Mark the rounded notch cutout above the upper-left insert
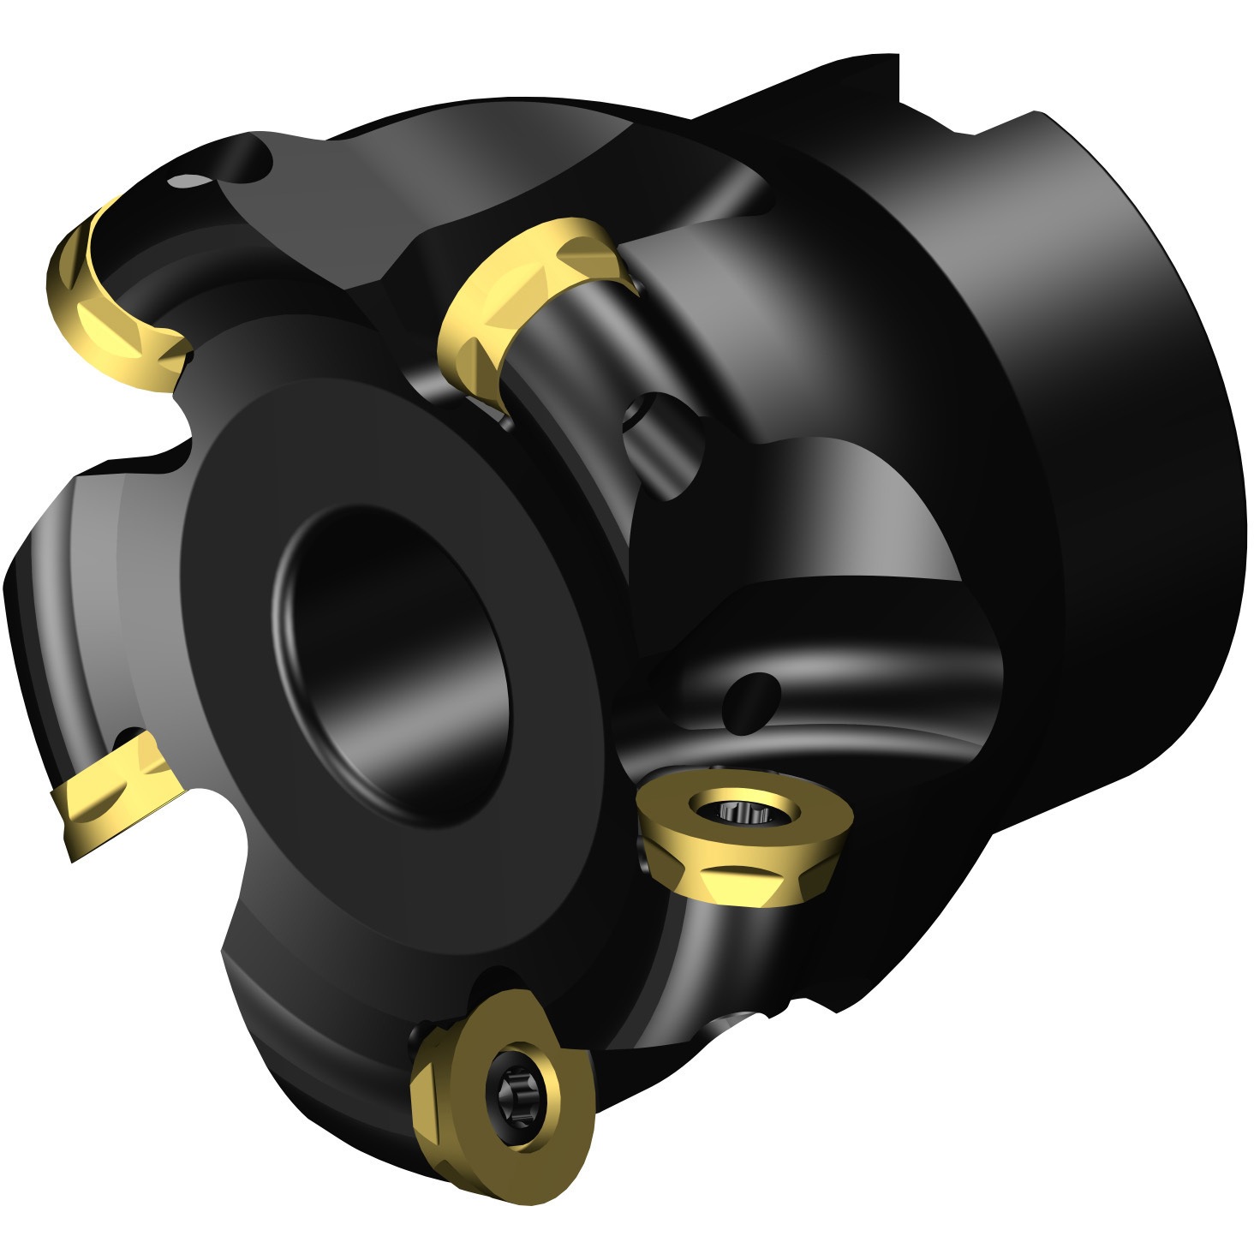click(x=248, y=167)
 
